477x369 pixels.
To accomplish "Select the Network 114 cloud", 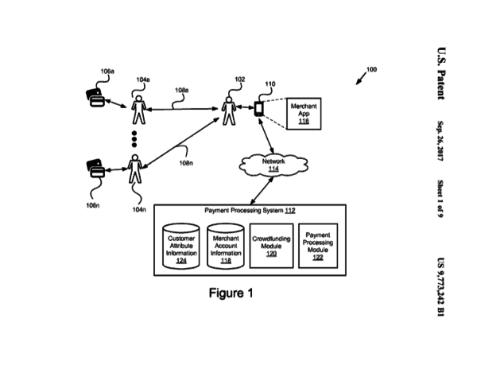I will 273,164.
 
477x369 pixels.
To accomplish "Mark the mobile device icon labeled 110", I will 259,109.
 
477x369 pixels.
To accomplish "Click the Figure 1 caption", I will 231,293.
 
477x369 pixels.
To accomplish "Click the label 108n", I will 185,163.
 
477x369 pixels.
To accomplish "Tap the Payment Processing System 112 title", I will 250,211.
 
